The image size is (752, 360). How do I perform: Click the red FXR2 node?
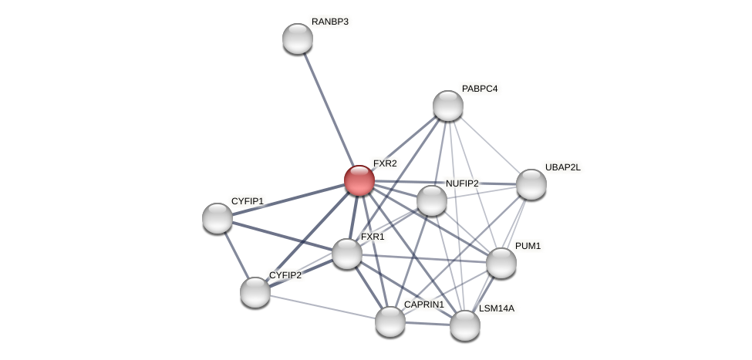pos(359,180)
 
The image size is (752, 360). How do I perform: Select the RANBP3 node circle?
pos(297,39)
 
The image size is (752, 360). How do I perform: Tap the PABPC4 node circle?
pos(447,106)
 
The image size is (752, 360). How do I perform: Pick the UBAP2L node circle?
pos(531,184)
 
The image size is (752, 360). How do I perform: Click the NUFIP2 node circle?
pos(431,200)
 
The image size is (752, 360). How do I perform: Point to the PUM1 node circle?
pos(501,263)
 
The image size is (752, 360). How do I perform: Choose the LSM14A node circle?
pos(464,325)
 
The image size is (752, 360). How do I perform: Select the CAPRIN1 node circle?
pos(389,321)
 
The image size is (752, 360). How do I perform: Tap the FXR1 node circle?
pos(346,254)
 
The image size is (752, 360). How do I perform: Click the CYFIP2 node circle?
pos(255,292)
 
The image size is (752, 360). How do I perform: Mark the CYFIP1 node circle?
pos(217,218)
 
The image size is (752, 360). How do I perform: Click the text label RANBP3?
pos(329,22)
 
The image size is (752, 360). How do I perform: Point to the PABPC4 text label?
pos(479,89)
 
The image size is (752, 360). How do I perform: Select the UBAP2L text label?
pos(562,167)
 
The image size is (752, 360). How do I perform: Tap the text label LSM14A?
pos(496,308)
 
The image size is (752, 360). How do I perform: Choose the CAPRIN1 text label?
pos(423,304)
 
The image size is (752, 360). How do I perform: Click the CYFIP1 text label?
pos(247,201)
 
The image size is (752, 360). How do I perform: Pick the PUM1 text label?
pos(528,246)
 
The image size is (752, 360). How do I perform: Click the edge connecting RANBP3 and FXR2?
pos(327,108)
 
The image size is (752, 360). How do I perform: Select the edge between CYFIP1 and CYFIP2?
pos(235,254)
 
